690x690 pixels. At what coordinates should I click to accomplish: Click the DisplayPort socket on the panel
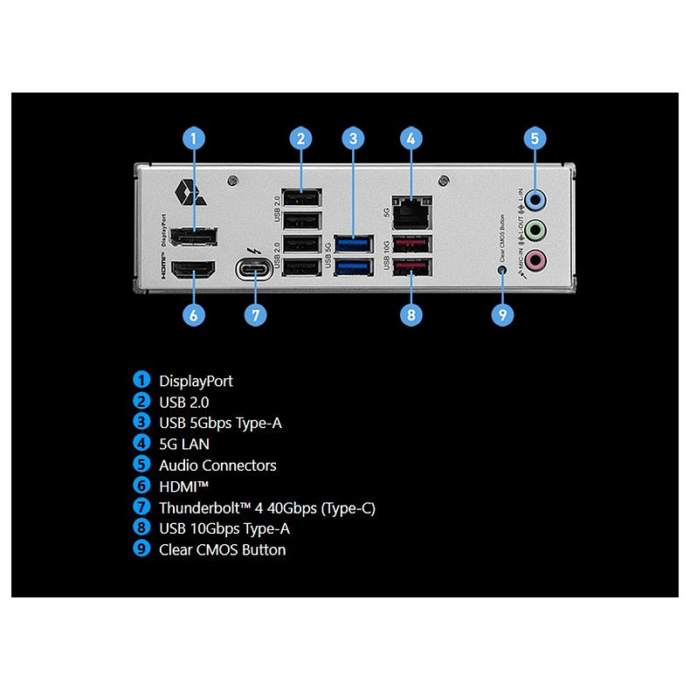(x=194, y=238)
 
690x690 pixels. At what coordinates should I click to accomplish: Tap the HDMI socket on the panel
(x=194, y=271)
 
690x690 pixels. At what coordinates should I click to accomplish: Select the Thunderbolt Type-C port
(x=254, y=268)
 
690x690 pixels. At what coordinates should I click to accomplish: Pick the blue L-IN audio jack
(x=539, y=200)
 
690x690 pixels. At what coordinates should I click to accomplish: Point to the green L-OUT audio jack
(x=539, y=230)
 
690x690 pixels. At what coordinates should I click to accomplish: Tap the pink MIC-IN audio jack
(x=539, y=259)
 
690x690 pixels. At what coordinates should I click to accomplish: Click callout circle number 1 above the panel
(x=194, y=138)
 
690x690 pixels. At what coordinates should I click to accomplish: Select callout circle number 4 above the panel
(x=411, y=138)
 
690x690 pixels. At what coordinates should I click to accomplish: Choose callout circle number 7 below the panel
(x=254, y=314)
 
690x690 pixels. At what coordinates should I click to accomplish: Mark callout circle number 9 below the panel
(x=502, y=314)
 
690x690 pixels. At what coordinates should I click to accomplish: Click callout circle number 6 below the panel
(x=194, y=314)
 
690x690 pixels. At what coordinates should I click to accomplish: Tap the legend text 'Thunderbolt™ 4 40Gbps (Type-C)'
(x=267, y=507)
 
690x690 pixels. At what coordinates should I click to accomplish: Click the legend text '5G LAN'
(x=184, y=444)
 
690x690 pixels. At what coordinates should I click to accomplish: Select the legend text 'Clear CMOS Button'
(x=222, y=549)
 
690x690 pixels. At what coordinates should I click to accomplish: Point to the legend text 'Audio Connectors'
(x=217, y=466)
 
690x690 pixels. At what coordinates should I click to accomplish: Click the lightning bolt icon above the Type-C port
(x=254, y=246)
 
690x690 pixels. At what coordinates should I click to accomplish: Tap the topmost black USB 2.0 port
(x=300, y=197)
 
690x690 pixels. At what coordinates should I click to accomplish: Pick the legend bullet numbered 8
(x=141, y=528)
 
